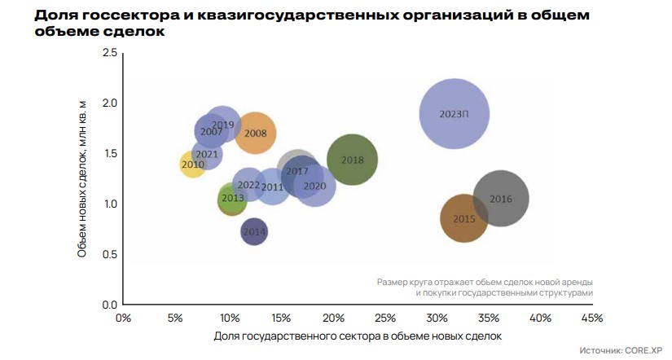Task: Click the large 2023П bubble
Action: coord(455,114)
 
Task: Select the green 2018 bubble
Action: coord(352,160)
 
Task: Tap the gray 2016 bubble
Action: coord(501,199)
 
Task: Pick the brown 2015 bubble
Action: coord(464,218)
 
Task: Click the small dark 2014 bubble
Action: coord(255,232)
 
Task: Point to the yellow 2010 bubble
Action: coord(193,165)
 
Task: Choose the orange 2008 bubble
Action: coord(255,133)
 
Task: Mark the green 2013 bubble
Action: coord(233,198)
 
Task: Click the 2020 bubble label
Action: coord(314,186)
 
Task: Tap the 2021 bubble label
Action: coord(207,154)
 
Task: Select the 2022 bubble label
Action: coord(248,185)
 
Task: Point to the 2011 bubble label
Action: coord(272,187)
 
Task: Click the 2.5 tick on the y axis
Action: coord(108,53)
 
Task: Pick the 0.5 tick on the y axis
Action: coord(108,254)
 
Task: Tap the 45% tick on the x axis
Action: coord(591,317)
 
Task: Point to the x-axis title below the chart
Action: coord(358,336)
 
